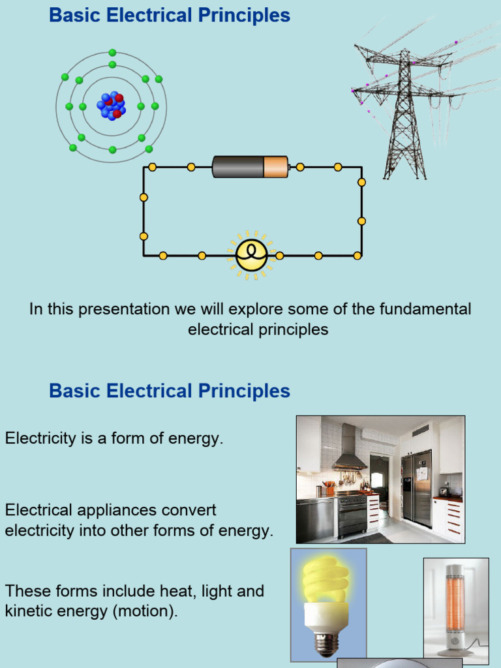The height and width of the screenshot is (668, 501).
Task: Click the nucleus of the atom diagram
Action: point(112,106)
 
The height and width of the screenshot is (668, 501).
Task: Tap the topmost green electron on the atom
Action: point(112,53)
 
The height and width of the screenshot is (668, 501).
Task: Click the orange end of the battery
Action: point(275,167)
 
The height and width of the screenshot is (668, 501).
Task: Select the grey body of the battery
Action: point(237,167)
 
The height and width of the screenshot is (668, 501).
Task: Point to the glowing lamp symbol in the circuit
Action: point(251,255)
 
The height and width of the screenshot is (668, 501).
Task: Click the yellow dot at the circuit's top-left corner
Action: point(152,167)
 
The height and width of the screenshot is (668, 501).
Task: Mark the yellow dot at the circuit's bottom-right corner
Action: point(357,256)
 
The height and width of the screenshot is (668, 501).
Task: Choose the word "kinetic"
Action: point(27,612)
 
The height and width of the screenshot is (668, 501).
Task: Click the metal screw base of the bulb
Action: point(326,643)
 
